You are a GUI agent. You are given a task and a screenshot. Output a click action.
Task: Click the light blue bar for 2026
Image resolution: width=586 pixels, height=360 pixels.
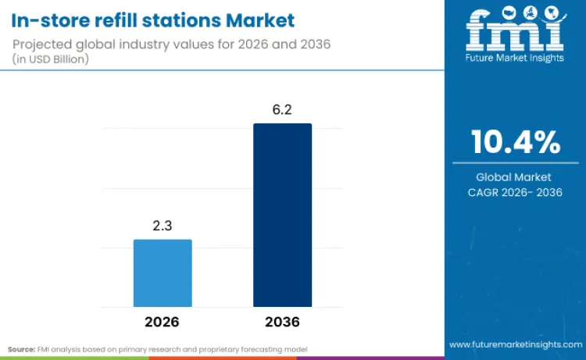point(163,273)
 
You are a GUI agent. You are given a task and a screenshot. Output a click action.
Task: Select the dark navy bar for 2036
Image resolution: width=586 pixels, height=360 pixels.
point(282,215)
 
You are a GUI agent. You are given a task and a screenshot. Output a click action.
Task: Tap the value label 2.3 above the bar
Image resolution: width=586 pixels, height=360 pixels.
point(163,226)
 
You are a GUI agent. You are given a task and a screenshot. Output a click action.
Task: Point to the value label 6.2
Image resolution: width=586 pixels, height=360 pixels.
point(282,110)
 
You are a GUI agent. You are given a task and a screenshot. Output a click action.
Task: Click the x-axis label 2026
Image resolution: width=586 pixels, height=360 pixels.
point(163,322)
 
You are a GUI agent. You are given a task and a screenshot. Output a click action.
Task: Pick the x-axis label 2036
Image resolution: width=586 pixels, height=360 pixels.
point(282,322)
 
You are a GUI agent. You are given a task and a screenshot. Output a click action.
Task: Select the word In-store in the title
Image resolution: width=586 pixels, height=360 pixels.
point(48,19)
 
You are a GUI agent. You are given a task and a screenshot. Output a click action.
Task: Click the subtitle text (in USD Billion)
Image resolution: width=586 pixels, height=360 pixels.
point(52,59)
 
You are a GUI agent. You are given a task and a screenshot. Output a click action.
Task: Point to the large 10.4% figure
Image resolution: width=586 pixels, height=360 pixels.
point(515,142)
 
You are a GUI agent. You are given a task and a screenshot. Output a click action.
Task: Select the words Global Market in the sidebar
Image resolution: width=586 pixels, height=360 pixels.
point(515,177)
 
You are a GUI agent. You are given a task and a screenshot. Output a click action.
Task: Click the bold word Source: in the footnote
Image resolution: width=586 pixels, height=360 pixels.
point(21,348)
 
